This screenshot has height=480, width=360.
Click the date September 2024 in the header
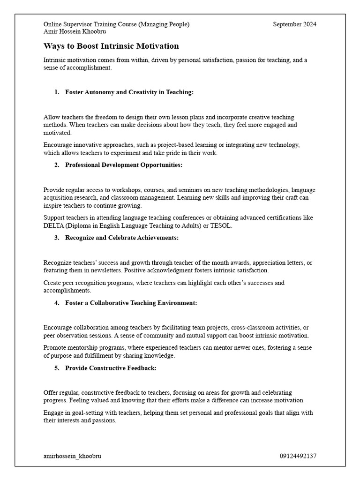(294, 24)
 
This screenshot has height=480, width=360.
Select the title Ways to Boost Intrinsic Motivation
(111, 46)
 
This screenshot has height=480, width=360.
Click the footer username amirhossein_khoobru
(72, 456)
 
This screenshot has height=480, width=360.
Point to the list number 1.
(56, 92)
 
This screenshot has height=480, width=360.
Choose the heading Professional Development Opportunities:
(124, 165)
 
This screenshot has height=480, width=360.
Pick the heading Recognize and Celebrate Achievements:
(122, 238)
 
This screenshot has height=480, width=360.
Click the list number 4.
(56, 303)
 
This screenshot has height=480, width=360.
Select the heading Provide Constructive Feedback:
(111, 368)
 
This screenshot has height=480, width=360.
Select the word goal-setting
(79, 413)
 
